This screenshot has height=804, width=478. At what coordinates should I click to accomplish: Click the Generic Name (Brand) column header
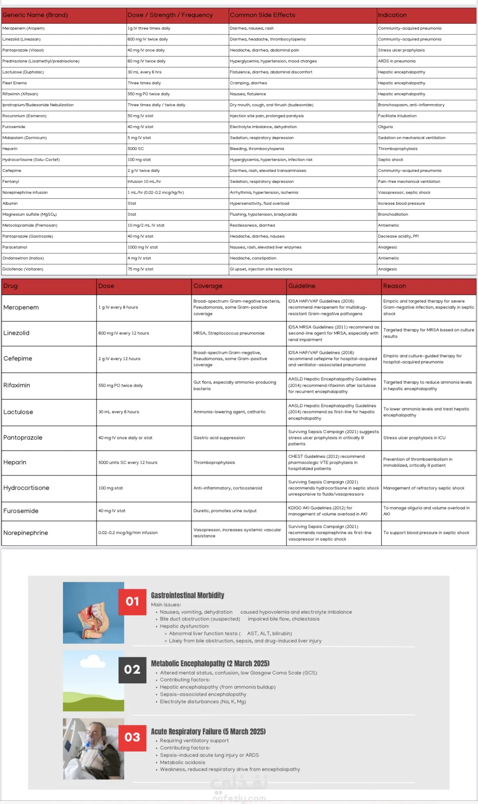pyautogui.click(x=35, y=15)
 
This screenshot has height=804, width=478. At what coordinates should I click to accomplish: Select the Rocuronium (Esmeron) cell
pyautogui.click(x=24, y=116)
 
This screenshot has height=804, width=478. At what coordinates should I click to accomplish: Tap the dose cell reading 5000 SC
pyautogui.click(x=136, y=149)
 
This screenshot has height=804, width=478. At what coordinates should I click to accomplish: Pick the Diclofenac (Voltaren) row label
pyautogui.click(x=23, y=269)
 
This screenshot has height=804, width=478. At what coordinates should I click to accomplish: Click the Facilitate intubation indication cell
pyautogui.click(x=397, y=116)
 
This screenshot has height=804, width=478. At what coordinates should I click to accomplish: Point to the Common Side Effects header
pyautogui.click(x=262, y=15)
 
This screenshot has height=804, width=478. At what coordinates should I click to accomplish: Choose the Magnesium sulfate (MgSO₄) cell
pyautogui.click(x=30, y=214)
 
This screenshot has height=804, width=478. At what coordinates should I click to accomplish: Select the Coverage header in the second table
pyautogui.click(x=208, y=286)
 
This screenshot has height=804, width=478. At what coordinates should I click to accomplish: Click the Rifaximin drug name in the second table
pyautogui.click(x=17, y=385)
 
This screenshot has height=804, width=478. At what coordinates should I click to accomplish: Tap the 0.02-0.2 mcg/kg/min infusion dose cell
pyautogui.click(x=128, y=533)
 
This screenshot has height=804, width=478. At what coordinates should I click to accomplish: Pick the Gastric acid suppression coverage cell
pyautogui.click(x=219, y=438)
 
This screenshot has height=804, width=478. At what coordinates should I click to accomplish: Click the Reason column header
pyautogui.click(x=394, y=286)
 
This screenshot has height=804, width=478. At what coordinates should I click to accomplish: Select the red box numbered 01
pyautogui.click(x=132, y=602)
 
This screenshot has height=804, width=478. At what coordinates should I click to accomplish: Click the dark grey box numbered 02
pyautogui.click(x=132, y=669)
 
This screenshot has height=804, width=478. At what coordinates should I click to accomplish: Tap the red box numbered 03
pyautogui.click(x=132, y=737)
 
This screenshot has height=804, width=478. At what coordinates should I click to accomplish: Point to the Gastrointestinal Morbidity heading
pyautogui.click(x=187, y=595)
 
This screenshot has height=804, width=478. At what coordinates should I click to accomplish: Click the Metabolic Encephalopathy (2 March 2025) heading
pyautogui.click(x=210, y=663)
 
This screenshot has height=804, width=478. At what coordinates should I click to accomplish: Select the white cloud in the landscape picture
pyautogui.click(x=92, y=662)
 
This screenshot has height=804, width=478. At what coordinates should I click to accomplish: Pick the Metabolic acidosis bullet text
pyautogui.click(x=182, y=762)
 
